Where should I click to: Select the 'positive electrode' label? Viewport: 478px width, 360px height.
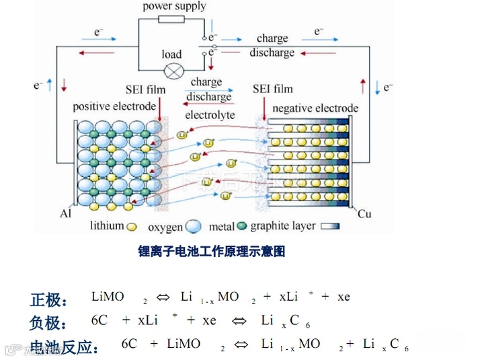click(x=112, y=106)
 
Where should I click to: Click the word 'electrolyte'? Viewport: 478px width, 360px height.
click(x=210, y=115)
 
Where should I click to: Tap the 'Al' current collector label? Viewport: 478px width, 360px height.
click(x=66, y=213)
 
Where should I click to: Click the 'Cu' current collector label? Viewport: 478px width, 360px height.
click(x=364, y=214)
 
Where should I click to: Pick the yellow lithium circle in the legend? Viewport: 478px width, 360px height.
click(x=132, y=227)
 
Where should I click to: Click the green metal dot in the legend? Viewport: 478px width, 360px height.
click(x=243, y=227)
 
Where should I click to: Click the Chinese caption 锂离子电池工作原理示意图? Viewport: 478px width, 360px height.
click(x=212, y=252)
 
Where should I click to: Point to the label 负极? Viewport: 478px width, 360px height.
click(x=48, y=324)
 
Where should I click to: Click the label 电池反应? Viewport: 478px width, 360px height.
click(x=67, y=347)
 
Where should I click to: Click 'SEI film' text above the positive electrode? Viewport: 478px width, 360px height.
click(x=145, y=89)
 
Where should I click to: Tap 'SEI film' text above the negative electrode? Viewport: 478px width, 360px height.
click(x=272, y=89)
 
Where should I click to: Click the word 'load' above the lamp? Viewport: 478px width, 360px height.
click(x=171, y=54)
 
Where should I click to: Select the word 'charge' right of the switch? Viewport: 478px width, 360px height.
click(x=272, y=38)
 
